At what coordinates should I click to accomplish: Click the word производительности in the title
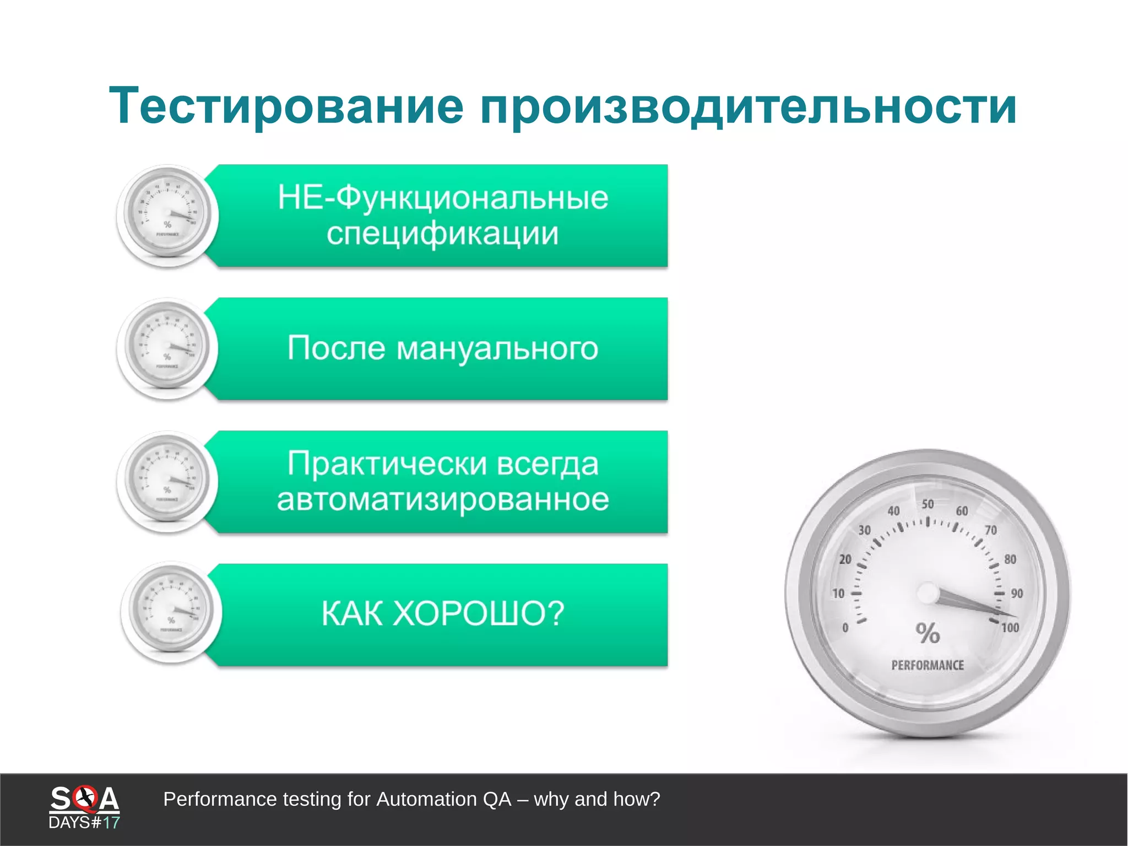tap(748, 106)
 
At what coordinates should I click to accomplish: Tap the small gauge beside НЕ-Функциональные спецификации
tap(167, 215)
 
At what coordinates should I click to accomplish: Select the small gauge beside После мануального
tap(167, 348)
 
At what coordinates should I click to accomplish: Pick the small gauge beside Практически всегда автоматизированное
tap(167, 482)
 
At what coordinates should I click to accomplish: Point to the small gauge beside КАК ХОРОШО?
tap(171, 612)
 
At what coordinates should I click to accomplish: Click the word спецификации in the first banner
tap(442, 234)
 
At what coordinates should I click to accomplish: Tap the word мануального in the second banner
tap(497, 348)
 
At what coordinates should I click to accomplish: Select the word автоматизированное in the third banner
tap(443, 500)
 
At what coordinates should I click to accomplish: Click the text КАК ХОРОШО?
tap(443, 613)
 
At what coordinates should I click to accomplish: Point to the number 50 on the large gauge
tap(928, 504)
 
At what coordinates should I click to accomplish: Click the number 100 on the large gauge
tap(1010, 628)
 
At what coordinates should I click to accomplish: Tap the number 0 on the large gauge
tap(845, 628)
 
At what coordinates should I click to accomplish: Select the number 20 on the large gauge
tap(845, 559)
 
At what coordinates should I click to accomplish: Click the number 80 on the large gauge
tap(1010, 559)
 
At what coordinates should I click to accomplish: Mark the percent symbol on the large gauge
tap(928, 633)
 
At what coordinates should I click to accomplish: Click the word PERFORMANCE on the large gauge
tap(928, 665)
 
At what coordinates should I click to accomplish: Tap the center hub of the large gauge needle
tap(929, 594)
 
